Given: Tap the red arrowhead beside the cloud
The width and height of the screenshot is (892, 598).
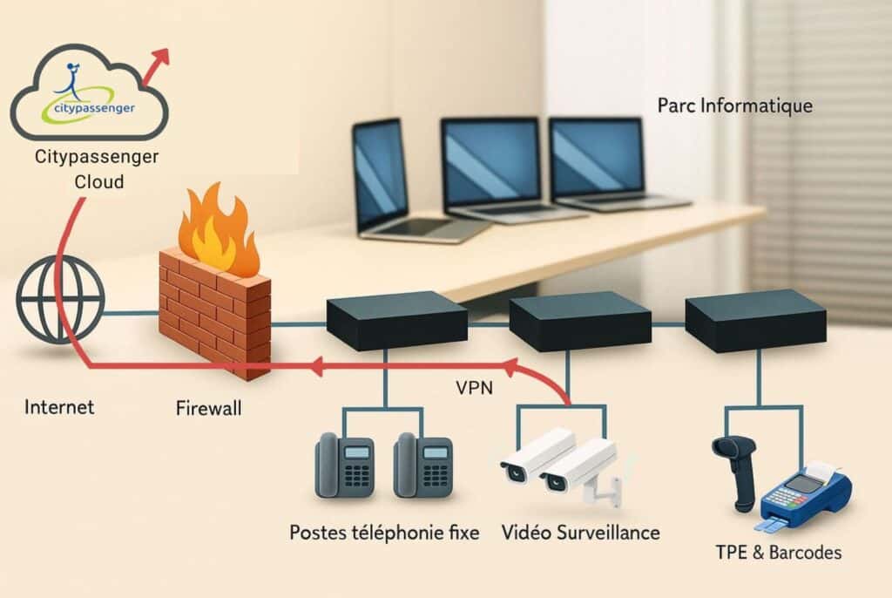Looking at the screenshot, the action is (x=161, y=57).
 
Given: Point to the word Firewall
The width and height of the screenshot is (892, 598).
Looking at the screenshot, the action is (x=209, y=408).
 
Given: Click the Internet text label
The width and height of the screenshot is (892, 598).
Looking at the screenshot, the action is (x=59, y=407).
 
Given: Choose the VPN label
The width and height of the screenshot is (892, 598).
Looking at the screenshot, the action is (x=474, y=389).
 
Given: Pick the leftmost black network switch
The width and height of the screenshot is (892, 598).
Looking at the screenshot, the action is (x=396, y=320).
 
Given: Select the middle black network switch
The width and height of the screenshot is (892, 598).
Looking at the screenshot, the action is (x=579, y=321).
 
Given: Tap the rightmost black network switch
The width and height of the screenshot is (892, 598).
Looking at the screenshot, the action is (x=755, y=320).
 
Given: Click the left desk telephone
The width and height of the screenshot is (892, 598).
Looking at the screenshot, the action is (x=345, y=465).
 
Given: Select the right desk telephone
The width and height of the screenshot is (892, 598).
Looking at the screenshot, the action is (x=423, y=465).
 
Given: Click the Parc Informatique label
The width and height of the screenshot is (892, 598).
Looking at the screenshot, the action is (x=735, y=106).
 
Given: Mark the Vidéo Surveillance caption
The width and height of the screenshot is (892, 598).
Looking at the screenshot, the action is (x=580, y=533).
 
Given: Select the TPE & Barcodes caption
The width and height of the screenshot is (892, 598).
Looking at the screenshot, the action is (x=778, y=553).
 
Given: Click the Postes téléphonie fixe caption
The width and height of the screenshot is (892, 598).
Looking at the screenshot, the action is (x=384, y=533).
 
